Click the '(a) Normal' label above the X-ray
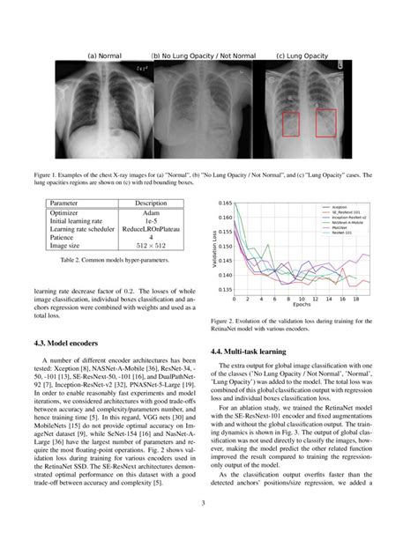104,55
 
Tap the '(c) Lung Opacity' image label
304,55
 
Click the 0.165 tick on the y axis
227,203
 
